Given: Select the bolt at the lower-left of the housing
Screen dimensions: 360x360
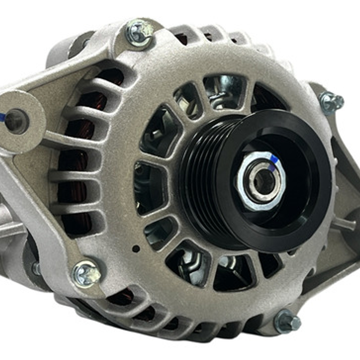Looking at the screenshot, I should pyautogui.click(x=86, y=274).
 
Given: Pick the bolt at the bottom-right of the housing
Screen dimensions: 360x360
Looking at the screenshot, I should pyautogui.click(x=287, y=321).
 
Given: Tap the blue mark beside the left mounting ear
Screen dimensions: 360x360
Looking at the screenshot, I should pyautogui.click(x=2, y=117).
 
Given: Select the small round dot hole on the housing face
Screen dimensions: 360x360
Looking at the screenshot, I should pyautogui.click(x=136, y=249).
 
